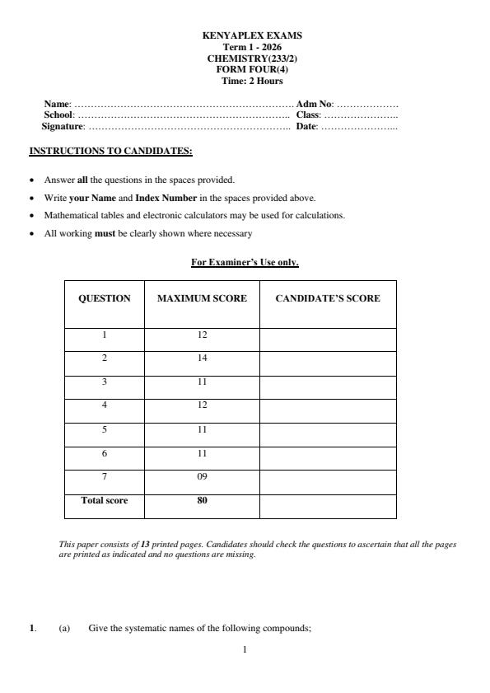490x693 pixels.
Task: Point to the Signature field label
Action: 63,127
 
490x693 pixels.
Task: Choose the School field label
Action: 59,115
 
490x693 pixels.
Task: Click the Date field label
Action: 306,127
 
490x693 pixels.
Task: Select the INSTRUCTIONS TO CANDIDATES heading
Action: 110,152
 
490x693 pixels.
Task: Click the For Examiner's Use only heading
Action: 245,263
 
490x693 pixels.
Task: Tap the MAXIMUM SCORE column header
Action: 202,298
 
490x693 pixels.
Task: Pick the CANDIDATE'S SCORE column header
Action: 327,298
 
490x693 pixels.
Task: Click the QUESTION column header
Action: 104,298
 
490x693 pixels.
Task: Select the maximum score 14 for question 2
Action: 202,358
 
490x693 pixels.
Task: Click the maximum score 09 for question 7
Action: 202,477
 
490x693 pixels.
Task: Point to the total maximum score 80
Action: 202,500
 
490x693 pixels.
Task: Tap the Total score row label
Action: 104,500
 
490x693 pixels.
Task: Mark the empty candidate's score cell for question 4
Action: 327,406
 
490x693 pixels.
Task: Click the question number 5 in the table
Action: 104,430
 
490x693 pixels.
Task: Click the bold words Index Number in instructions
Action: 166,198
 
